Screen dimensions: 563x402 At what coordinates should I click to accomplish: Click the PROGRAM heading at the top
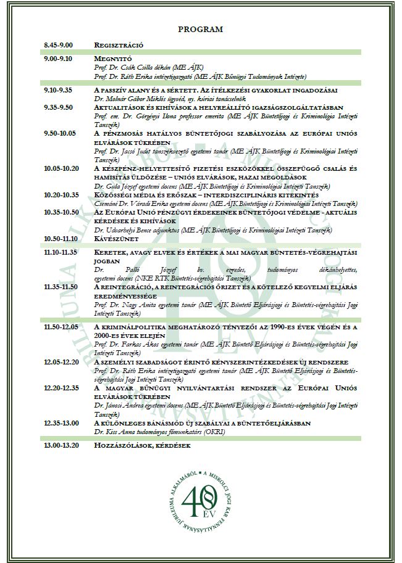201,29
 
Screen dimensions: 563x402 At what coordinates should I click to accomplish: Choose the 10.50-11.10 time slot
61,237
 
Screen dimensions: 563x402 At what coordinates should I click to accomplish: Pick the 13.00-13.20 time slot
61,445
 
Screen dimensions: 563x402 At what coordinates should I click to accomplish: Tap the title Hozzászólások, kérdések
142,445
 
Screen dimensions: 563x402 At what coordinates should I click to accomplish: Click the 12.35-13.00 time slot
61,424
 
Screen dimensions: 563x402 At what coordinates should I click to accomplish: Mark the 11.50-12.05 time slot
61,326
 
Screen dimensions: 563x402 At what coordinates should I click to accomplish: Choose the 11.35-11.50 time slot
61,287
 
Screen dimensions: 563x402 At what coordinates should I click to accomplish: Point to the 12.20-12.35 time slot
61,389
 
